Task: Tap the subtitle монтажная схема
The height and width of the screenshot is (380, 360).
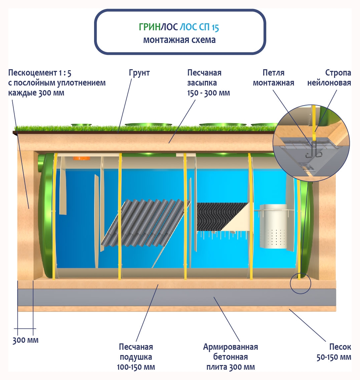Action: [x=180, y=40]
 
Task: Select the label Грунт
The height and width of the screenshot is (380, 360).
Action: [x=139, y=73]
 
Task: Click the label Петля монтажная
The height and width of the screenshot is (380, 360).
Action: [x=273, y=78]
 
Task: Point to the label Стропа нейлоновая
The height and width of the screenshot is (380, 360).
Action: [x=329, y=78]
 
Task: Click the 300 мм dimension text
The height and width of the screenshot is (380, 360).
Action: [x=26, y=340]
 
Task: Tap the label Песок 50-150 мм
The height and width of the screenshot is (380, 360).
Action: [x=333, y=352]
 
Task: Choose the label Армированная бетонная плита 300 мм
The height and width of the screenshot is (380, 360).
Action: [x=230, y=357]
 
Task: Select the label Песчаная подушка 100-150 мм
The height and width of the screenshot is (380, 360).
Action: [x=136, y=357]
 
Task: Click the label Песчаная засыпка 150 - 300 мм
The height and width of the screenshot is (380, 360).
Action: [x=208, y=83]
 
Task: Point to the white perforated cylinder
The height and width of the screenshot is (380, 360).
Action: [x=273, y=226]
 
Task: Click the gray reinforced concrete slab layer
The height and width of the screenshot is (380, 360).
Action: [x=176, y=297]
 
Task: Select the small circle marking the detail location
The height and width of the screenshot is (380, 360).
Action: [x=300, y=284]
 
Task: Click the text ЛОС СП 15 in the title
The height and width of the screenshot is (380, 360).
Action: [x=199, y=28]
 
